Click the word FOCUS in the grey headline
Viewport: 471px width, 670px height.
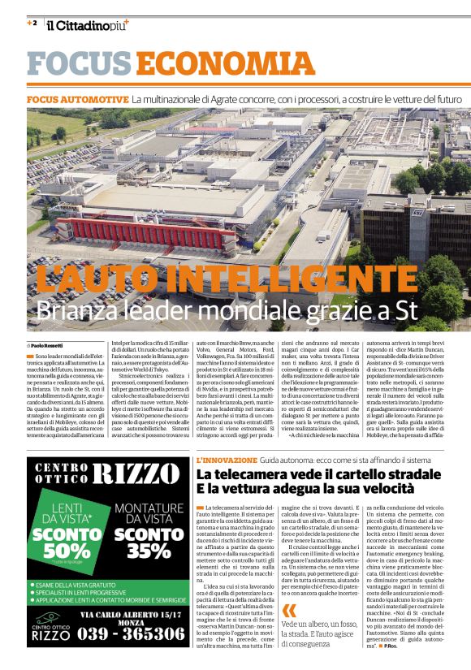point(80,64)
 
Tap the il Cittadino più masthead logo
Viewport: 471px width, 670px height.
point(87,25)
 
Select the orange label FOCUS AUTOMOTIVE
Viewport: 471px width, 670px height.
point(77,99)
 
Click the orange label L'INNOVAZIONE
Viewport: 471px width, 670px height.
point(227,437)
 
